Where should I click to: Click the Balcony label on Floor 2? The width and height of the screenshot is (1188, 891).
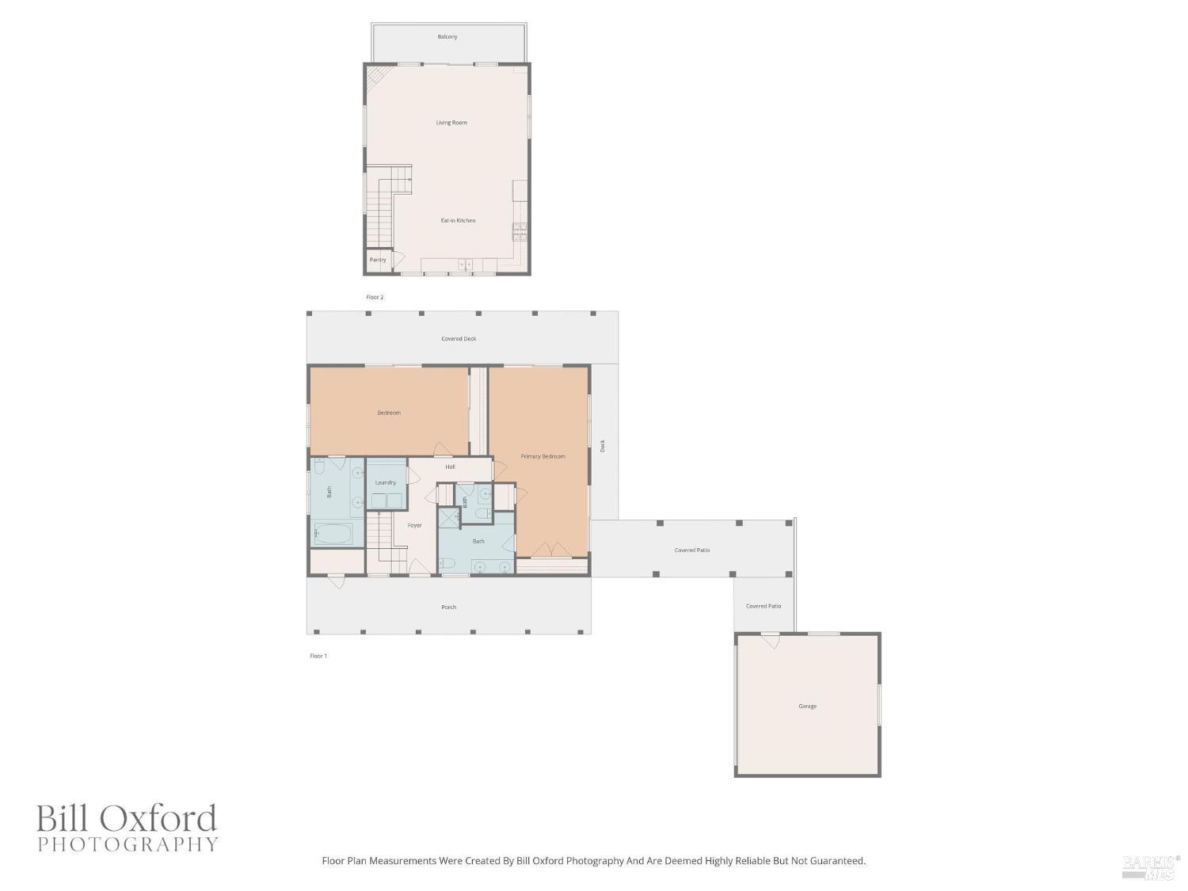pyautogui.click(x=447, y=37)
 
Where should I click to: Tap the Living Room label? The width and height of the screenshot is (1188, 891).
pyautogui.click(x=451, y=123)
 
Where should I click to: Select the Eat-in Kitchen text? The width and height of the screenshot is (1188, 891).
pyautogui.click(x=458, y=221)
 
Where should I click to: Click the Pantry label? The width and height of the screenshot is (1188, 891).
pyautogui.click(x=378, y=260)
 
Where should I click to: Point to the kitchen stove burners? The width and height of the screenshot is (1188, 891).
pyautogui.click(x=520, y=231)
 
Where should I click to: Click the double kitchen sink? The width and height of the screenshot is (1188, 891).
pyautogui.click(x=465, y=265)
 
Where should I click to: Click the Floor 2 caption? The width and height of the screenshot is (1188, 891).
pyautogui.click(x=375, y=298)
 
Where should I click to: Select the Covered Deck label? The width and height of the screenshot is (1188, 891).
pyautogui.click(x=459, y=339)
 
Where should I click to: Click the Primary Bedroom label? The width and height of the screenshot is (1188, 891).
pyautogui.click(x=543, y=457)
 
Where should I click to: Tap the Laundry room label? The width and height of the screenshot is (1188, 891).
pyautogui.click(x=386, y=482)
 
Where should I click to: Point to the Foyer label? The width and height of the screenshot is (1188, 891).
pyautogui.click(x=414, y=525)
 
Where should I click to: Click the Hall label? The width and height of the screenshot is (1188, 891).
pyautogui.click(x=450, y=467)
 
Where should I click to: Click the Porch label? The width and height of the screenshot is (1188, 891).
pyautogui.click(x=448, y=607)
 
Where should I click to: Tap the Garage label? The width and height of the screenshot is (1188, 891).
pyautogui.click(x=807, y=706)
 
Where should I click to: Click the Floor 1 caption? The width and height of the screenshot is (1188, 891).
pyautogui.click(x=318, y=656)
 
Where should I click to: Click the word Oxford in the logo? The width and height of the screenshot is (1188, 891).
pyautogui.click(x=162, y=819)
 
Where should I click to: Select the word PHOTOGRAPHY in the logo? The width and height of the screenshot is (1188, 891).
pyautogui.click(x=128, y=844)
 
